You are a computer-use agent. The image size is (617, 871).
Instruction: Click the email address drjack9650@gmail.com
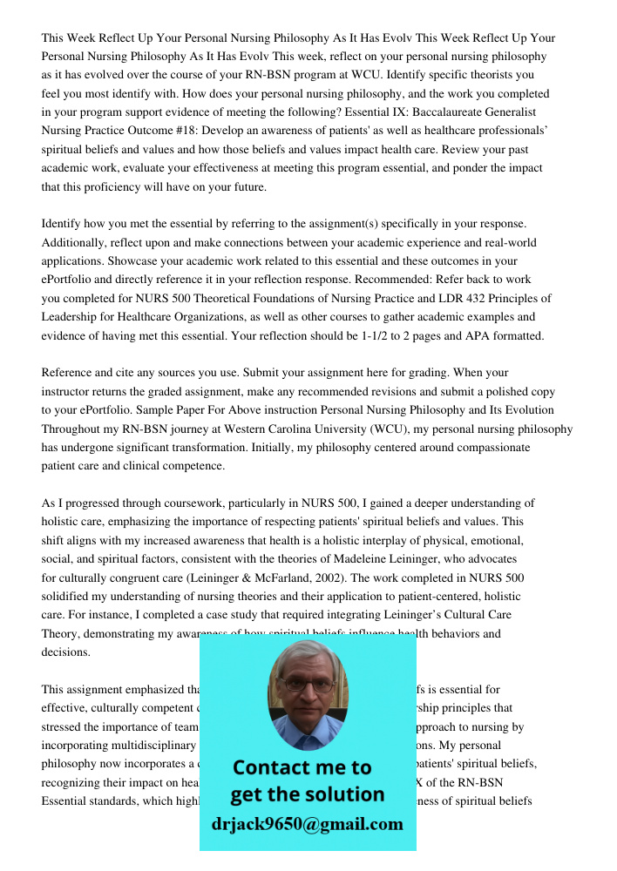click(x=308, y=824)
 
